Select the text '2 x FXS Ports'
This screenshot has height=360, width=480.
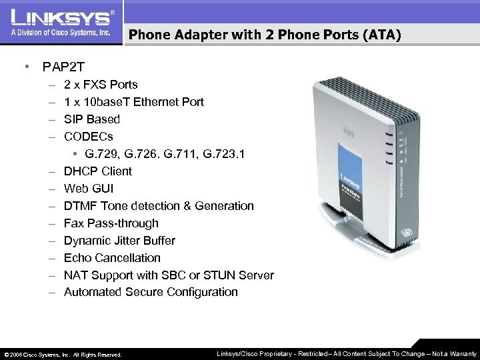pyautogui.click(x=101, y=85)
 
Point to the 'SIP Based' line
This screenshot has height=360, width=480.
pyautogui.click(x=92, y=119)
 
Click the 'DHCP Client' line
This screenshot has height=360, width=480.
pyautogui.click(x=98, y=171)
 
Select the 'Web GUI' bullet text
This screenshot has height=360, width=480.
pyautogui.click(x=89, y=189)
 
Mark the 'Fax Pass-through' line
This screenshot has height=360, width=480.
pyautogui.click(x=111, y=223)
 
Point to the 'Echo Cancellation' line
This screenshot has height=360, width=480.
pyautogui.click(x=112, y=258)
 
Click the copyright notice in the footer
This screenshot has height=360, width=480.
pyautogui.click(x=63, y=354)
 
